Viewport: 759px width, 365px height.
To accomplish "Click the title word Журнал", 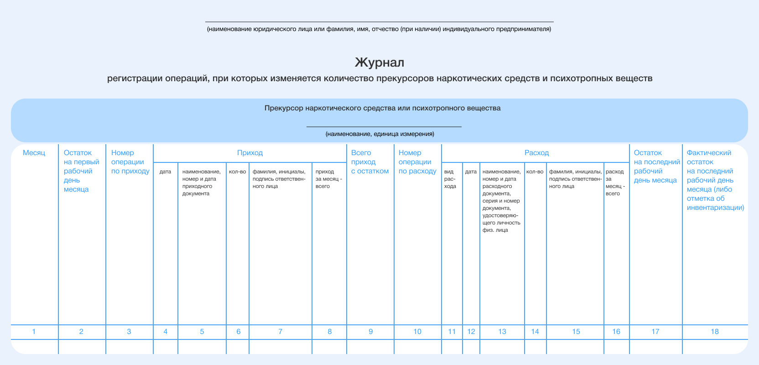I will pyautogui.click(x=379, y=62).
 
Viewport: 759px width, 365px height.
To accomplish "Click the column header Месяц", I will pyautogui.click(x=34, y=153).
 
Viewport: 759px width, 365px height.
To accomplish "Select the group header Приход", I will pyautogui.click(x=250, y=153).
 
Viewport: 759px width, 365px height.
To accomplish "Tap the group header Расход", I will pyautogui.click(x=536, y=153).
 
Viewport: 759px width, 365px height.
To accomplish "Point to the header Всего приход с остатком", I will pyautogui.click(x=369, y=162).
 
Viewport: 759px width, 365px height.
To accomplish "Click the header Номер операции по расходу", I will pyautogui.click(x=417, y=162).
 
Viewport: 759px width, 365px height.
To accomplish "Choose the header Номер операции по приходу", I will pyautogui.click(x=130, y=162).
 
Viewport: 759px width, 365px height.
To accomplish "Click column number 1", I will pyautogui.click(x=34, y=332).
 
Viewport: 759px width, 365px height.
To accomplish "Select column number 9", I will pyautogui.click(x=370, y=332).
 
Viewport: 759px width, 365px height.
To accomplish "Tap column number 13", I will pyautogui.click(x=502, y=332).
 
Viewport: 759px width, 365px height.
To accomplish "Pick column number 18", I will pyautogui.click(x=714, y=332).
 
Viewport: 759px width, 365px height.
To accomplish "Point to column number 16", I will pyautogui.click(x=616, y=332).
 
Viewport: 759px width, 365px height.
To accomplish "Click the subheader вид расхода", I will pyautogui.click(x=450, y=179).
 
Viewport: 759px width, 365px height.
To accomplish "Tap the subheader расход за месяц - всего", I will pyautogui.click(x=614, y=182).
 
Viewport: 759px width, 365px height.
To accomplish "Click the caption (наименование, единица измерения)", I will pyautogui.click(x=379, y=134).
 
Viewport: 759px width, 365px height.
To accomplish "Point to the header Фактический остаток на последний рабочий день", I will pyautogui.click(x=715, y=180).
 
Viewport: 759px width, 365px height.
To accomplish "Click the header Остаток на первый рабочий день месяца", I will pyautogui.click(x=81, y=171).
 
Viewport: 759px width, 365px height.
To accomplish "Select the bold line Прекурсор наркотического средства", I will pyautogui.click(x=382, y=108).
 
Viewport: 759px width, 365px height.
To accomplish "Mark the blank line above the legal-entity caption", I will pyautogui.click(x=379, y=21).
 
